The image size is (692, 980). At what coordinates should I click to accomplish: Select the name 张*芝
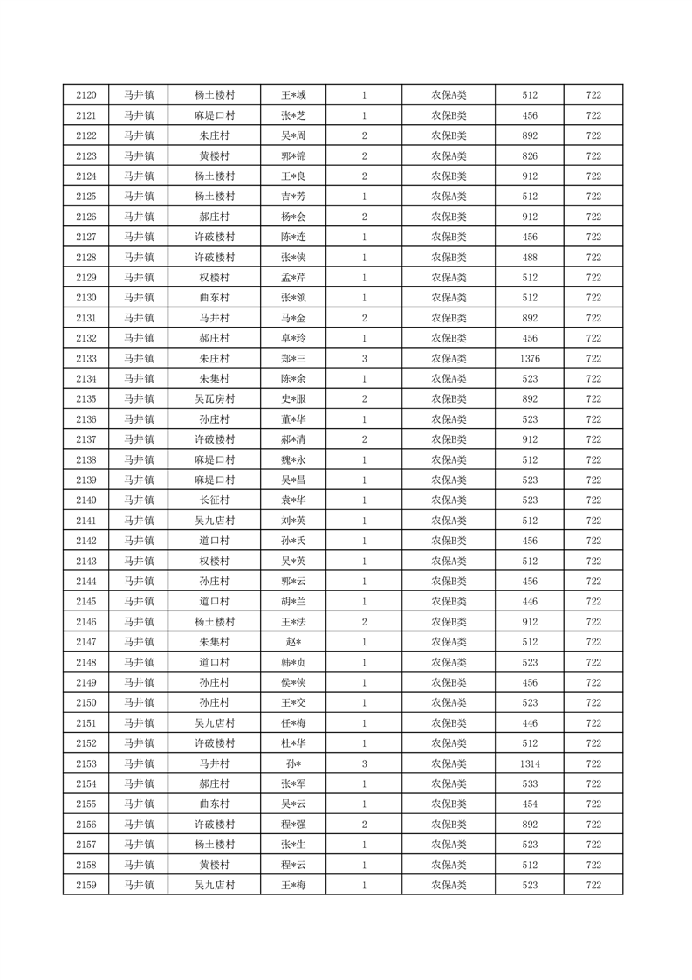(293, 115)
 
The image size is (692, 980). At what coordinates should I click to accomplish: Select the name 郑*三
(293, 359)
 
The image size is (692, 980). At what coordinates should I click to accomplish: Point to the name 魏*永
(293, 460)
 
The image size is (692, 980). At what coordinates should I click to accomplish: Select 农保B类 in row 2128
(449, 258)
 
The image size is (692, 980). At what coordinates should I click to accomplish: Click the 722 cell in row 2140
(593, 500)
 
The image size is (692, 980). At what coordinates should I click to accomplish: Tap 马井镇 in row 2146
(138, 622)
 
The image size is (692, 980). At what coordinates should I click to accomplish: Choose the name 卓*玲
(293, 338)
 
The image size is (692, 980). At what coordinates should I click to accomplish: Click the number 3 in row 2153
(364, 763)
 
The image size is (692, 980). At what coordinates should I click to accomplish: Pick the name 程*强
(293, 825)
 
